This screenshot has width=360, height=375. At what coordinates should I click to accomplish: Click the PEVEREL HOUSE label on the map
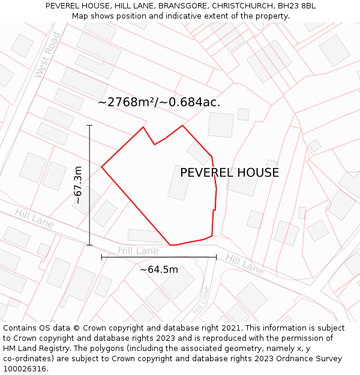[229, 173]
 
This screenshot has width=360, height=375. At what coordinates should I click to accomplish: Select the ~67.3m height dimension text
[78, 185]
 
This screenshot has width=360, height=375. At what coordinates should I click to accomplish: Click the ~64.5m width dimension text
[159, 270]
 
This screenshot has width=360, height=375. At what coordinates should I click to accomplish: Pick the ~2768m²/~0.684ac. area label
[159, 102]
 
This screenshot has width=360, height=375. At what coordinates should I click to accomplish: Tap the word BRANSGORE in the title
[183, 6]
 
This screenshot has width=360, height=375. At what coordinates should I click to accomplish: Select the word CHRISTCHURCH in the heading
[242, 6]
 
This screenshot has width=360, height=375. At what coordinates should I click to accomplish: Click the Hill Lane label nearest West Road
[34, 219]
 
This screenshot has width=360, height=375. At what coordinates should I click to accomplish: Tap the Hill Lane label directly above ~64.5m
[138, 250]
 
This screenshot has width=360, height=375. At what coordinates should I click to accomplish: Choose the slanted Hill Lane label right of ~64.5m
[244, 264]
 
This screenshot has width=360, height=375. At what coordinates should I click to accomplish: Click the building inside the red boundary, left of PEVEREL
[179, 182]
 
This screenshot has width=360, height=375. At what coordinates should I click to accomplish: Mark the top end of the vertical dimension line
[89, 125]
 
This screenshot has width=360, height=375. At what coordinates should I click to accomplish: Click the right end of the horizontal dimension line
[216, 257]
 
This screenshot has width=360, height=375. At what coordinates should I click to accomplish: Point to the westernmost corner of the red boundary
[101, 167]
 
